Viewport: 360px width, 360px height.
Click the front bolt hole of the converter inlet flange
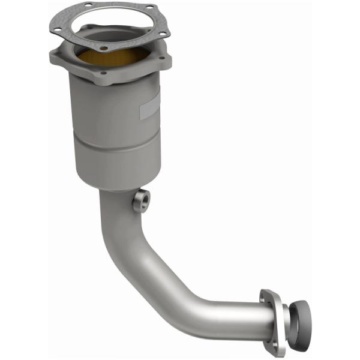tap(103, 73)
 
